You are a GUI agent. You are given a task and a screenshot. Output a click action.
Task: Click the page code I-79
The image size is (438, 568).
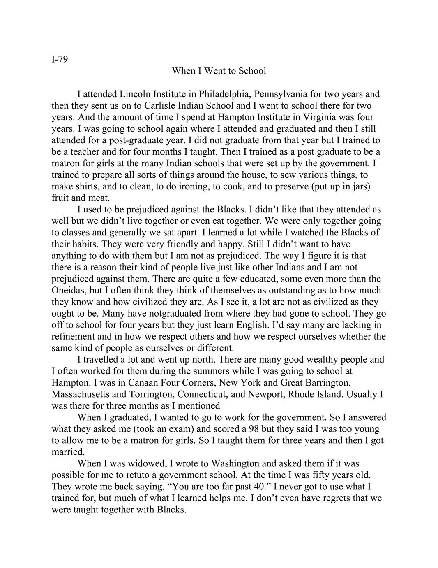tap(60, 59)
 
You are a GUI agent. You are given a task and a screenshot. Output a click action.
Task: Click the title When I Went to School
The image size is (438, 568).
tap(219, 71)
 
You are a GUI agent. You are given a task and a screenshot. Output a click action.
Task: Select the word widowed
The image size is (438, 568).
tap(141, 463)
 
